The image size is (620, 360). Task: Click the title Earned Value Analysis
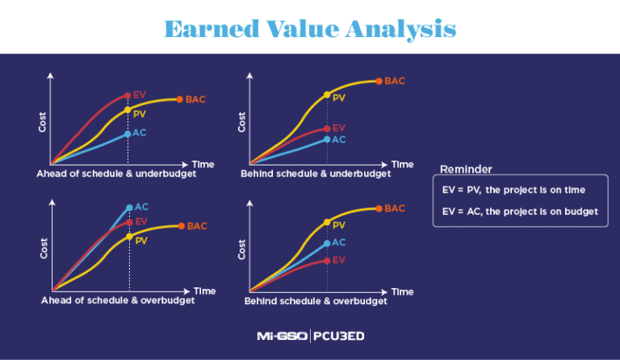click(x=310, y=28)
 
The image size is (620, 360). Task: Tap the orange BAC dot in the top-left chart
click(x=179, y=99)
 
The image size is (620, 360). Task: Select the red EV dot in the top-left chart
click(x=128, y=95)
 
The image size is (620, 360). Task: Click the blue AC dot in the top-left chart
click(x=128, y=133)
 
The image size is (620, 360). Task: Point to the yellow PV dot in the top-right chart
click(x=327, y=95)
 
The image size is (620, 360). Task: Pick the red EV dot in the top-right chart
click(x=327, y=128)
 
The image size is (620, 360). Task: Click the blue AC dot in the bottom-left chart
click(x=129, y=207)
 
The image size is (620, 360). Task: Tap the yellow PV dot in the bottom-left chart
click(x=129, y=237)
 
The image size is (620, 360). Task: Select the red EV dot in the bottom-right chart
click(x=327, y=260)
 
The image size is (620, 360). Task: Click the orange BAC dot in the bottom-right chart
click(x=379, y=208)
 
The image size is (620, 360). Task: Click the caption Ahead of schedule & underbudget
click(x=116, y=174)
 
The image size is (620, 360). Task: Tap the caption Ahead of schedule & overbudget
click(x=117, y=300)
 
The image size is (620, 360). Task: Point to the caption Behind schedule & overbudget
click(x=316, y=301)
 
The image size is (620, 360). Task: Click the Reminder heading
click(x=466, y=169)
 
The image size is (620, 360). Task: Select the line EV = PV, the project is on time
click(x=514, y=190)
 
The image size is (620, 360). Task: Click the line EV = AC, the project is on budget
click(x=521, y=211)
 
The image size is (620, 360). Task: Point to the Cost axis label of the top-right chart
click(x=241, y=121)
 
